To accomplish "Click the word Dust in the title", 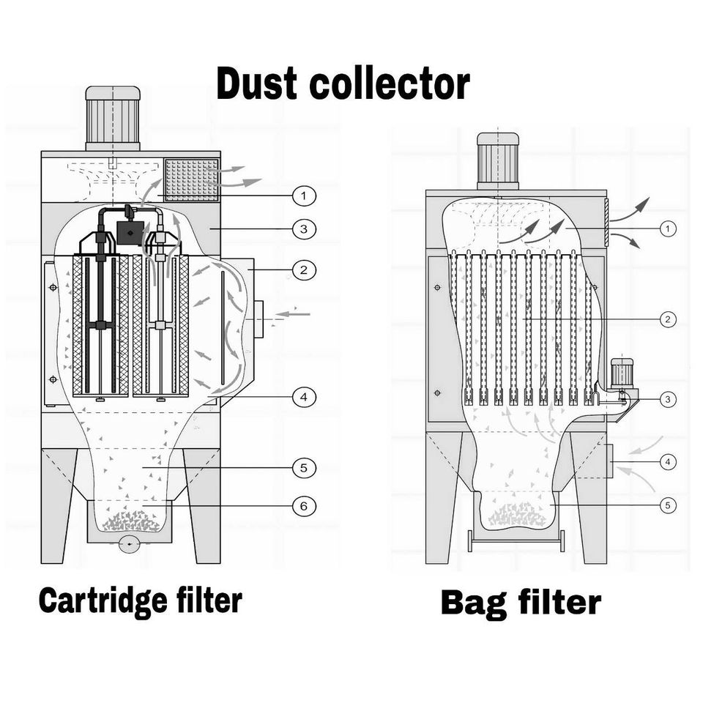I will tap(258, 84).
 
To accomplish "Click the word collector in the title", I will tap(389, 84).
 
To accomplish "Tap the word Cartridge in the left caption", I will tap(100, 601).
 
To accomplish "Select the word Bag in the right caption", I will tap(475, 603).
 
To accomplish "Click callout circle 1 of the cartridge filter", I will tap(302, 196).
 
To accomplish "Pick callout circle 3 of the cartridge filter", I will tap(302, 229).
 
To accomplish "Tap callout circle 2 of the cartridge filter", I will tap(302, 270).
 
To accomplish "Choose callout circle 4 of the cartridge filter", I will tap(302, 398).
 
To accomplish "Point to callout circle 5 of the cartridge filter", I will tap(302, 466).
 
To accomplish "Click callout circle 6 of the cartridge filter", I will tap(302, 505).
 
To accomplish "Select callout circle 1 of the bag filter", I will tap(667, 229).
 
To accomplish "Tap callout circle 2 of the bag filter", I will tap(667, 319).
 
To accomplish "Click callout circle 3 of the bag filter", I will tap(667, 399).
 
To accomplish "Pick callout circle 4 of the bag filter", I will tap(667, 462).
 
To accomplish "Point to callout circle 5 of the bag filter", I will tap(667, 505).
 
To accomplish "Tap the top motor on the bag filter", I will tap(498, 160).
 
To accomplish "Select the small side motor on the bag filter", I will tap(622, 372).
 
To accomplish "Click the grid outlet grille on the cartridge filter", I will tap(192, 179).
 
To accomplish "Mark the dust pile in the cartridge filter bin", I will tap(132, 521).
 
